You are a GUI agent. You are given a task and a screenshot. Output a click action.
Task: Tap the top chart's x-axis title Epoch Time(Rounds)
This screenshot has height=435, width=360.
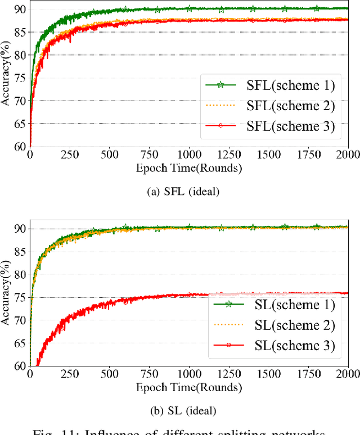(x=189, y=167)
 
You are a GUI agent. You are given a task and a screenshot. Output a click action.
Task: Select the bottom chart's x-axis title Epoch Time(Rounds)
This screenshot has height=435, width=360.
(x=189, y=387)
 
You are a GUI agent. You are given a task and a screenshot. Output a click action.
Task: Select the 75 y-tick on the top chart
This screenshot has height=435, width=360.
(x=19, y=78)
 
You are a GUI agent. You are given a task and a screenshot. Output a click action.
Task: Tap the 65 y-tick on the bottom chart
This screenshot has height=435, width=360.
(x=19, y=343)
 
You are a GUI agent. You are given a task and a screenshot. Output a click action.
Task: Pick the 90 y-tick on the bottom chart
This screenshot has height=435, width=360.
(x=19, y=229)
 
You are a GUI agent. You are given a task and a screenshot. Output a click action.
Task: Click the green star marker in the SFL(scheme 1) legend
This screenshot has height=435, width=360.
(x=221, y=85)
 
